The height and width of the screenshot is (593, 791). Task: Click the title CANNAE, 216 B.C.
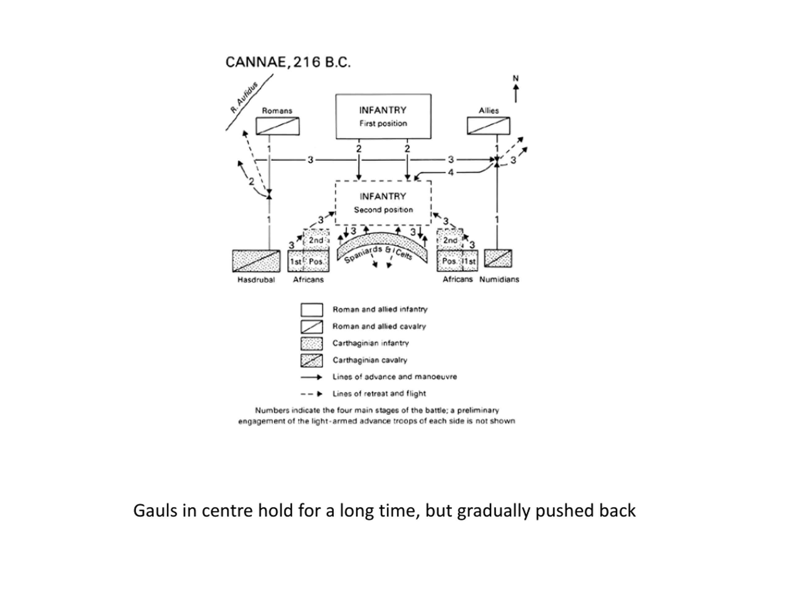288,62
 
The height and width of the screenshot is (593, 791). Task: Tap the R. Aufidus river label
244,97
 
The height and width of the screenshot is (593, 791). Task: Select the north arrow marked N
516,89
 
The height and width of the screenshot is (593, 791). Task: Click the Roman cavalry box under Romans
277,126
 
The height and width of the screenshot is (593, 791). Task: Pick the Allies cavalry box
489,126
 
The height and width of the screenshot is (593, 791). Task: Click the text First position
383,123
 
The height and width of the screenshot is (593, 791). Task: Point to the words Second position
383,210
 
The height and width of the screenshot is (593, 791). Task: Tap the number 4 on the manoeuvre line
450,173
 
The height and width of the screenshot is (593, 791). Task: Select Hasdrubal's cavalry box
256,261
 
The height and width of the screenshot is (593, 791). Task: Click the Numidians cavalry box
498,259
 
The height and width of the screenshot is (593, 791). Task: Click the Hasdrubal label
256,280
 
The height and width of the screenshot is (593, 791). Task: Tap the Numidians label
499,280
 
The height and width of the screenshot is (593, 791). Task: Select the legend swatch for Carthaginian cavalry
311,361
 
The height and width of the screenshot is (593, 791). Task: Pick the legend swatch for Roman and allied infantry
311,310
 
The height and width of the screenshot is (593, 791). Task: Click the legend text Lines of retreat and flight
379,393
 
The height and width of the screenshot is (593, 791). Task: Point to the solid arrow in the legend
311,377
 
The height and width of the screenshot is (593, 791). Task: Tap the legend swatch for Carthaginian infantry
311,344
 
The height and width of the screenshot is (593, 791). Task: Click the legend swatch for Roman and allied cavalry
311,327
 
